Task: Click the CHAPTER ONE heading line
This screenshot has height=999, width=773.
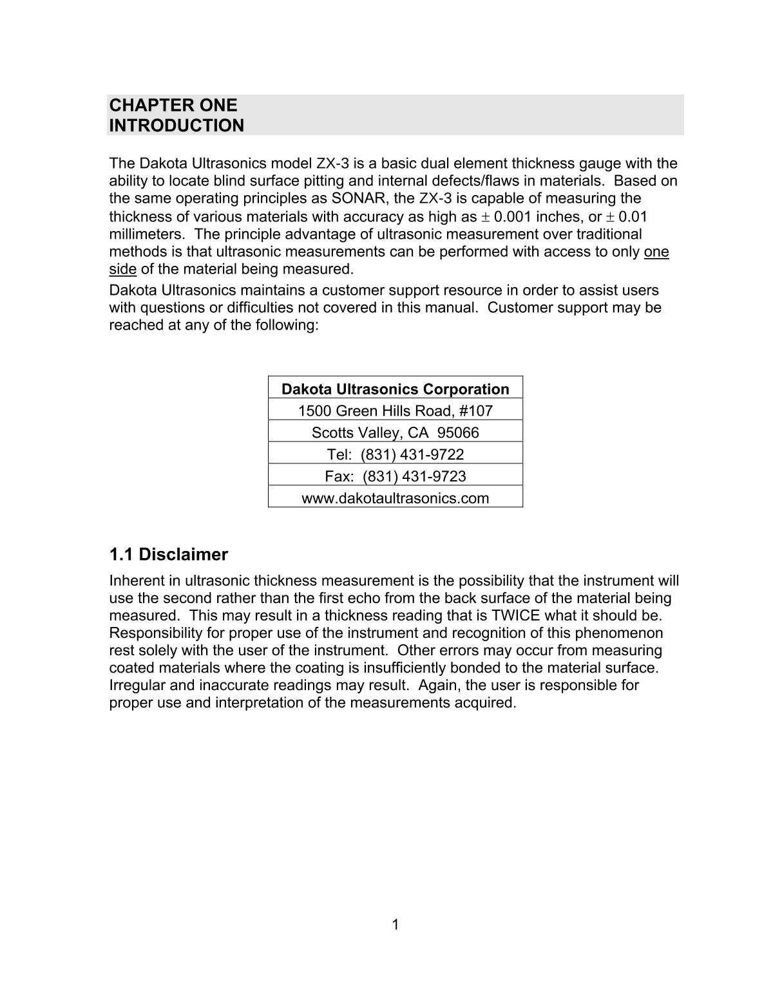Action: [x=173, y=106]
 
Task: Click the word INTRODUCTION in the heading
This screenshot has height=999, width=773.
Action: [x=177, y=126]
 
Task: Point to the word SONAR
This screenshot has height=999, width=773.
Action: [x=357, y=198]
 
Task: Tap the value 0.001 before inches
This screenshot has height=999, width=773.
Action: [x=512, y=216]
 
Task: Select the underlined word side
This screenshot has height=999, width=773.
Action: [x=122, y=268]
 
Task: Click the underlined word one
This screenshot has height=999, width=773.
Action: [x=656, y=252]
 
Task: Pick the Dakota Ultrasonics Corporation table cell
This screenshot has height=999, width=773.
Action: [x=395, y=389]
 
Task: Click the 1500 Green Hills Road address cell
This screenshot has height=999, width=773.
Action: [x=395, y=411]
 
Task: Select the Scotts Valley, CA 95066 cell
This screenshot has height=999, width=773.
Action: [x=395, y=433]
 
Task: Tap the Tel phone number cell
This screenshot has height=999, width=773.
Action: [x=395, y=454]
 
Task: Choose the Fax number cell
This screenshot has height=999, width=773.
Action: [x=395, y=476]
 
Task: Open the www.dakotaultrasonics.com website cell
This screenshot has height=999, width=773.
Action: [x=395, y=498]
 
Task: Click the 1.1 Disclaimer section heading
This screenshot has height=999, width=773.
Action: [x=168, y=554]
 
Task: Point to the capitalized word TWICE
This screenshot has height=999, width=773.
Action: [x=515, y=615]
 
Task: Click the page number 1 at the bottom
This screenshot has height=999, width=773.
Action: [x=395, y=925]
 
